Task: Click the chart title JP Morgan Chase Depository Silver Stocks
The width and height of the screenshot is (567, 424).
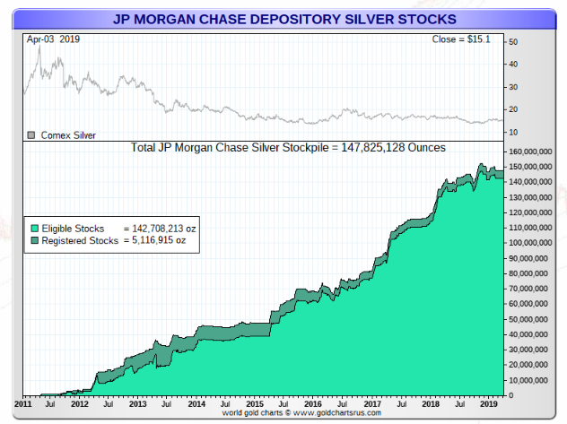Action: (x=283, y=18)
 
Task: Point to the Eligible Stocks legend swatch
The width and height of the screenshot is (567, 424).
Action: (x=34, y=229)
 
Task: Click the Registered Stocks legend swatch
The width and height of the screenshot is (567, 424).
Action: (x=34, y=241)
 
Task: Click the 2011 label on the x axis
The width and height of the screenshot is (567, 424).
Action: (x=25, y=405)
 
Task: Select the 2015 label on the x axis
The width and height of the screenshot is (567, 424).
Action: (x=256, y=405)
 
